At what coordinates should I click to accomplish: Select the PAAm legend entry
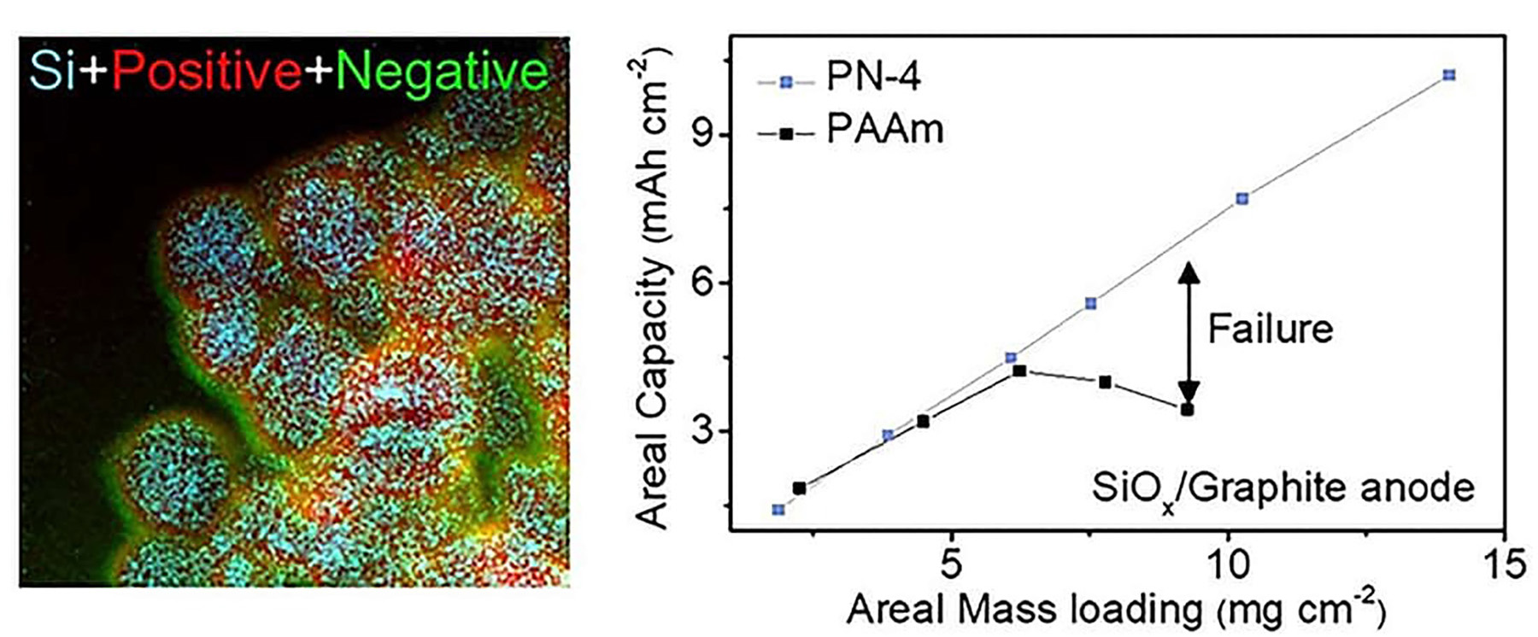point(883,131)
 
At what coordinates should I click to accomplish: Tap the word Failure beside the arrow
point(1270,329)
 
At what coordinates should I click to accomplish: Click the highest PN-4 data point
point(1448,75)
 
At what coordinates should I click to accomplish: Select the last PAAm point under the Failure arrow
point(1187,410)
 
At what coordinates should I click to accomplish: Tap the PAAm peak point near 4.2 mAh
point(1019,371)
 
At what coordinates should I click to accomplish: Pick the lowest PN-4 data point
point(778,510)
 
